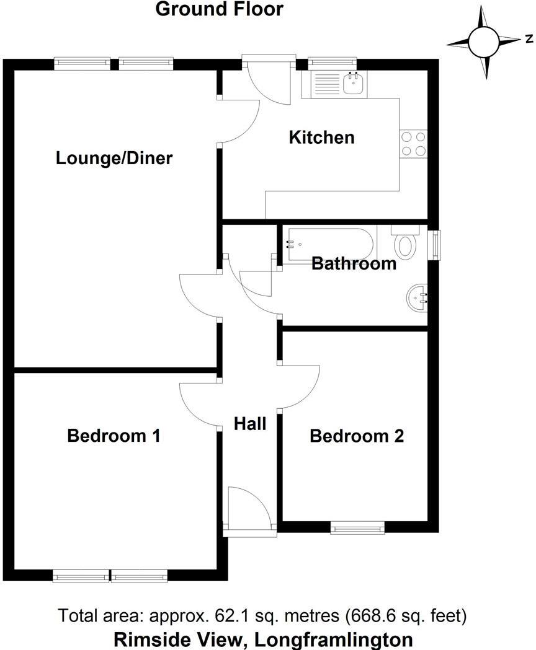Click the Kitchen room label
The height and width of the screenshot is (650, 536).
(321, 137)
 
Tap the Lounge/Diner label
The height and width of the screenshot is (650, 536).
(114, 158)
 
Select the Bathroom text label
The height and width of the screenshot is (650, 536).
(354, 263)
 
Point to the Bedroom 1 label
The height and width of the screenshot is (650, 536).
(114, 436)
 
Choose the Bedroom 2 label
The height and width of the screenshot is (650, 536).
(357, 436)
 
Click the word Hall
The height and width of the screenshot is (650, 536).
(250, 424)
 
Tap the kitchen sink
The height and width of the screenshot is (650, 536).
(353, 84)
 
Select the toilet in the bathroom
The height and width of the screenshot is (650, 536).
(406, 243)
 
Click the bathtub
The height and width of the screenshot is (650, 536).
(329, 243)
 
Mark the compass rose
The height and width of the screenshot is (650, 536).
(483, 41)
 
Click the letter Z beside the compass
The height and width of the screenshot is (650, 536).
(529, 39)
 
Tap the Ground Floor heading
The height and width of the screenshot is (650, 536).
(219, 9)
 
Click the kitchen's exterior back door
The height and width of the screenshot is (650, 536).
(268, 81)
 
